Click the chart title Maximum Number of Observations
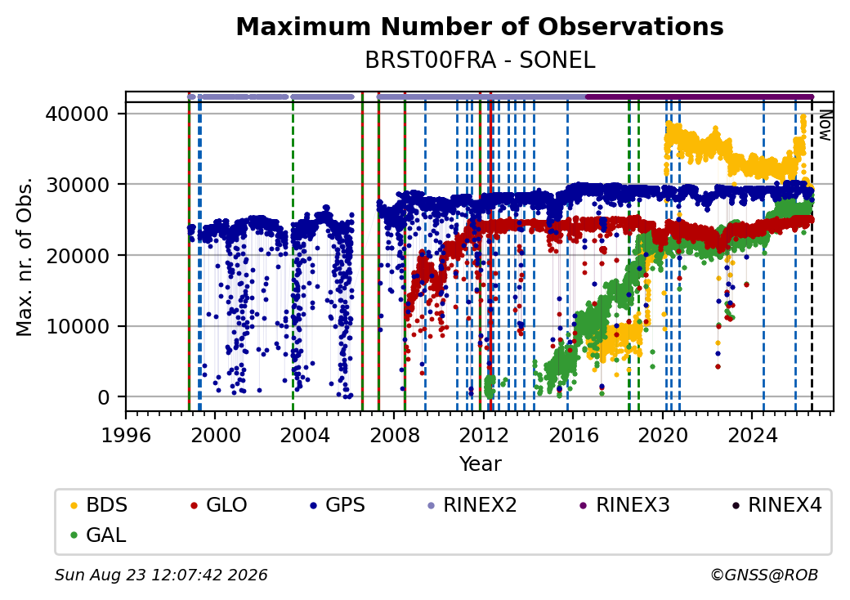tap(480, 26)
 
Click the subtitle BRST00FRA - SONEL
tap(480, 60)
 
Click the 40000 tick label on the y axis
tap(77, 114)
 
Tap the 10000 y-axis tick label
tap(77, 326)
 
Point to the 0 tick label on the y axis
tap(104, 397)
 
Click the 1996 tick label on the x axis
tap(126, 435)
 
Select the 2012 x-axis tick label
tap(484, 435)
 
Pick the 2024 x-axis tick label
tap(753, 435)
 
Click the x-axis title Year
tap(481, 464)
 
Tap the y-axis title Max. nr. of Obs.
tap(25, 257)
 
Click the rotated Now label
tap(825, 125)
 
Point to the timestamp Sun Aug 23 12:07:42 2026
tap(162, 575)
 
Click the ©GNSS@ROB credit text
tap(764, 575)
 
